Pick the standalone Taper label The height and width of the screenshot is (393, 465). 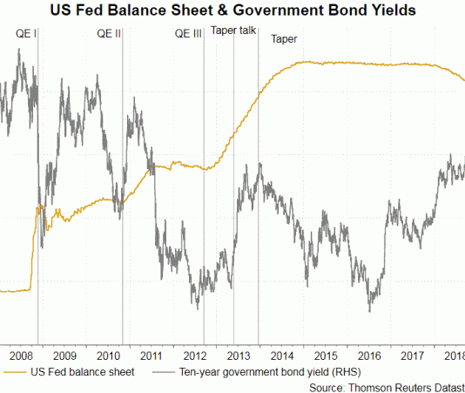(284, 40)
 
